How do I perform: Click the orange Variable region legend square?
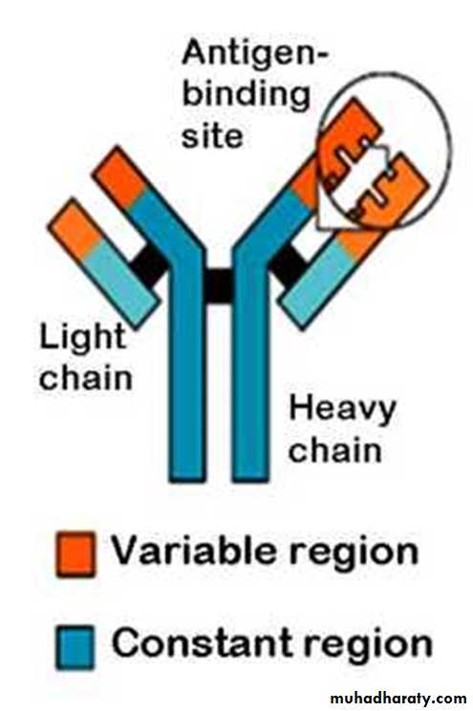point(75,554)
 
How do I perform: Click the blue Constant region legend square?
point(75,647)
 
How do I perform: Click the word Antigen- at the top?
point(254,53)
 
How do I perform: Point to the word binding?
point(246,96)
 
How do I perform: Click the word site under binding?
point(212,136)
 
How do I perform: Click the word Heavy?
point(342,410)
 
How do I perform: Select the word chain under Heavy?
point(335,450)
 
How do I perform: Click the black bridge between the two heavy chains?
point(219,285)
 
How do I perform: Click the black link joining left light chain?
point(150,266)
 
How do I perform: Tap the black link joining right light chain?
point(289,266)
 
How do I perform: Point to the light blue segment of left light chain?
point(121,282)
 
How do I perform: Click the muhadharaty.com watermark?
point(398,698)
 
